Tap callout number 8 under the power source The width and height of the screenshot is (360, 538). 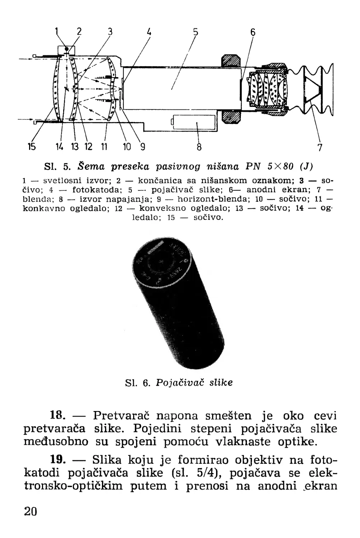(x=200, y=147)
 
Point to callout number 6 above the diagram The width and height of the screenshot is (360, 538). (x=253, y=32)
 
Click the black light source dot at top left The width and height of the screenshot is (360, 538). (x=66, y=49)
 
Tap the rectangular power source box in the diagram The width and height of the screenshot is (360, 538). (x=194, y=123)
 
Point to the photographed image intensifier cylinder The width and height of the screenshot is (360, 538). (x=179, y=305)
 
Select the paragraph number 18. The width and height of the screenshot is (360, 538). (x=59, y=416)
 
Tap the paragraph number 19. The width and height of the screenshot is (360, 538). (x=59, y=460)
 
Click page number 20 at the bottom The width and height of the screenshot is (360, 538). (x=31, y=511)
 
